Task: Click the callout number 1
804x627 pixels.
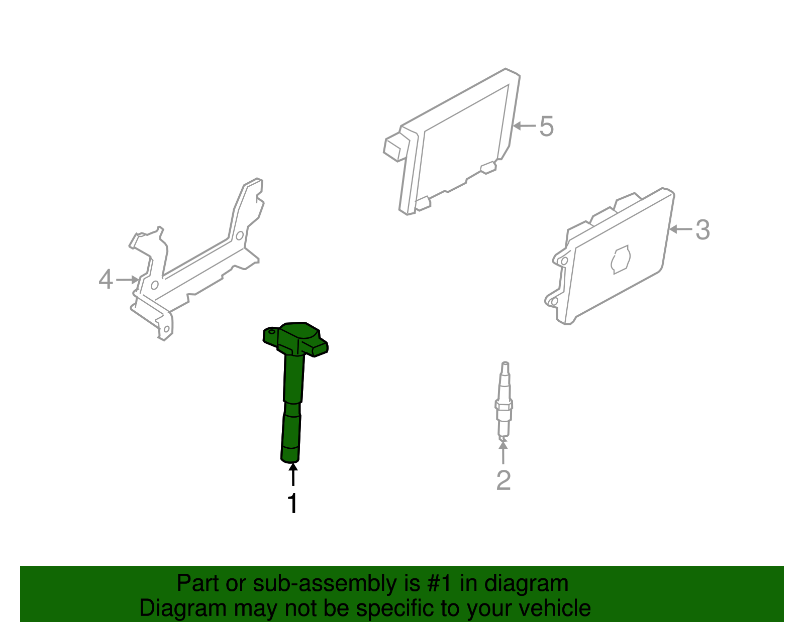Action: pos(292,504)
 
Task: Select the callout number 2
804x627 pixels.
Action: pos(503,480)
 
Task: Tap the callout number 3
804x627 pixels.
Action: pos(702,230)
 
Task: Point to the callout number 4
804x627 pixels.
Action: pos(106,280)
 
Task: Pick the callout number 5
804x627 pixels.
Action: pos(546,126)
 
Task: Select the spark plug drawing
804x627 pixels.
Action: pos(504,402)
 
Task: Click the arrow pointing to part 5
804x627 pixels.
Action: pos(525,126)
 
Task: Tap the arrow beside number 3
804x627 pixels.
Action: pos(680,229)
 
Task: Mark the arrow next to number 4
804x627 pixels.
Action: pos(127,280)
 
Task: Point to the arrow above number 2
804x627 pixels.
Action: pos(503,452)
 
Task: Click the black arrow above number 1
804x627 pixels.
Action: pos(292,475)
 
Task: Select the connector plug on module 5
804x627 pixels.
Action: pos(396,147)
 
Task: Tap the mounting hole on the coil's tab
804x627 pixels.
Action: pos(271,332)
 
